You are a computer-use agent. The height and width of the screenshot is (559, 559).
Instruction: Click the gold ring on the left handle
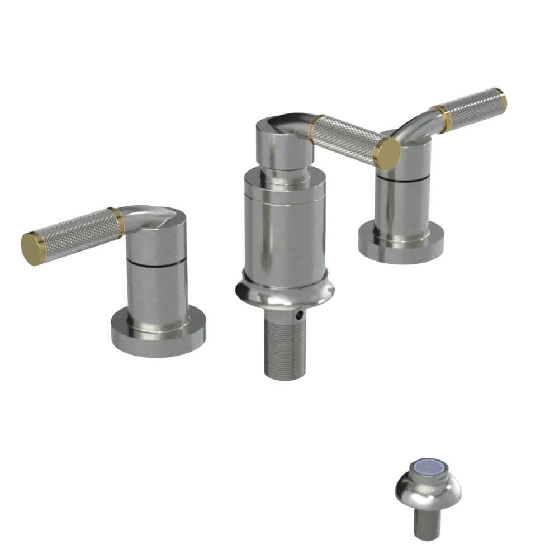[x=117, y=220]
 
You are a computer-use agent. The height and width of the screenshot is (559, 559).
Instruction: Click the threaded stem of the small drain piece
[x=428, y=523]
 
